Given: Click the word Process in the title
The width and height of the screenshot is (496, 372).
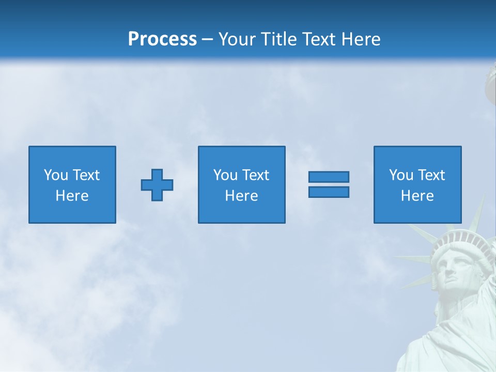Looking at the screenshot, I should [x=162, y=39].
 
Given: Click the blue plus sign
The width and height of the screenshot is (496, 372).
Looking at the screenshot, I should [x=157, y=185].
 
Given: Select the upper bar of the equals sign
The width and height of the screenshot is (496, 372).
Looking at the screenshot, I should [x=329, y=177].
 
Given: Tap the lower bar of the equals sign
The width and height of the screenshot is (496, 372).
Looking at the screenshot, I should [x=329, y=192].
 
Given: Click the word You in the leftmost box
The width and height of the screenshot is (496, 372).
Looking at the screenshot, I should [x=56, y=175].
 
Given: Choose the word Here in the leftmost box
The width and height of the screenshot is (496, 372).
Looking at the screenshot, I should [x=72, y=196].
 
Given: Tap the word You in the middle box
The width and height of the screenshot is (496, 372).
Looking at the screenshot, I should [x=225, y=175].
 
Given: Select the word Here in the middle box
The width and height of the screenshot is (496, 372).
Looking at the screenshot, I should [x=241, y=196].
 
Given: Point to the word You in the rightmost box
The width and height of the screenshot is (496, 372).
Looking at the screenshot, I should [x=401, y=175].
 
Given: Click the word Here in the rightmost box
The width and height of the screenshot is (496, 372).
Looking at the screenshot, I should [x=417, y=196].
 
